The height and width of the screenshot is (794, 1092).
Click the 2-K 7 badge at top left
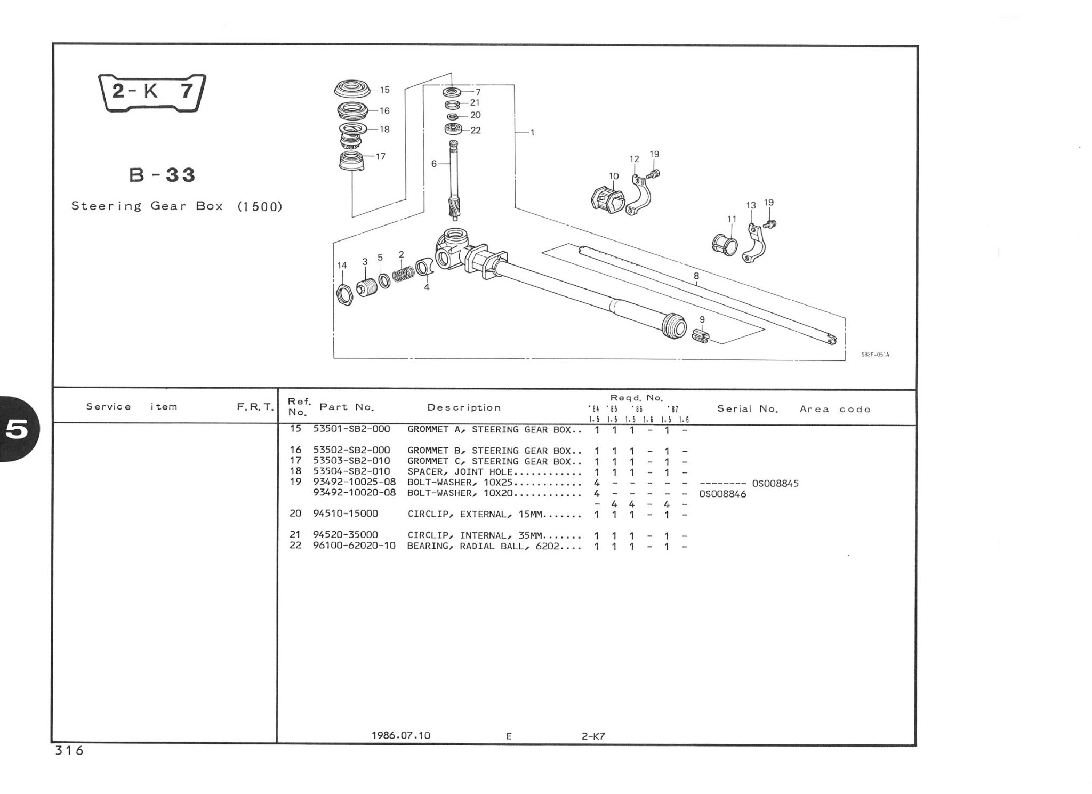(152, 92)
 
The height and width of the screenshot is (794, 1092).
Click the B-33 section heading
(163, 175)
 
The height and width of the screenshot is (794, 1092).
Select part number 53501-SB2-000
(351, 429)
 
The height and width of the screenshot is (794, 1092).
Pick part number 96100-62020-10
(354, 546)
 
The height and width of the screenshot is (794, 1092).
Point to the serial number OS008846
(722, 494)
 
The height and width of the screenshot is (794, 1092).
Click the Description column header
(464, 408)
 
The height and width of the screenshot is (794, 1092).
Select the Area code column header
(835, 409)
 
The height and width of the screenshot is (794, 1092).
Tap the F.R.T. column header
(255, 407)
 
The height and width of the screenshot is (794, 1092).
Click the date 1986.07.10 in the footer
(400, 735)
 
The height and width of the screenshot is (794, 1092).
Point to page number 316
(69, 750)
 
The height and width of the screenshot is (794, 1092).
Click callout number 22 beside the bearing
(476, 130)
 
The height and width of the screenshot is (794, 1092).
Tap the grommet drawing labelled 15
(351, 89)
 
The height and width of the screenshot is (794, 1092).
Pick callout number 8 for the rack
(696, 276)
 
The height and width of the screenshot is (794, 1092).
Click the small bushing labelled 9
(701, 336)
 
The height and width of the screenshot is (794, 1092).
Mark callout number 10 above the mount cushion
(614, 176)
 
